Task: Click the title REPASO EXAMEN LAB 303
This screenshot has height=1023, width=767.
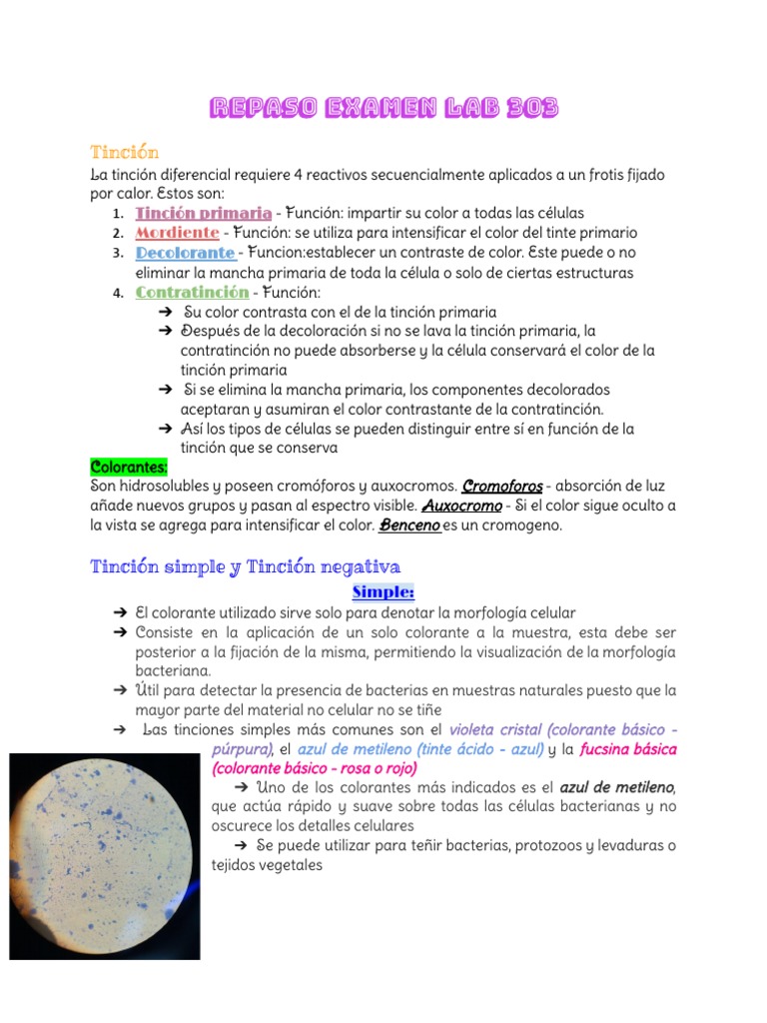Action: [x=383, y=108]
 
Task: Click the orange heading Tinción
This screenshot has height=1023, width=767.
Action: [x=124, y=152]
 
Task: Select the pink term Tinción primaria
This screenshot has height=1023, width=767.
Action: [x=203, y=213]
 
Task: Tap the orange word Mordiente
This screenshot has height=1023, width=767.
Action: [x=177, y=233]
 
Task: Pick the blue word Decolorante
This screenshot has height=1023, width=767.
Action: [x=185, y=253]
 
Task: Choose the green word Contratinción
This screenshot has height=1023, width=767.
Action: [x=192, y=293]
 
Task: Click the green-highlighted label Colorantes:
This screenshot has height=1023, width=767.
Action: [x=129, y=467]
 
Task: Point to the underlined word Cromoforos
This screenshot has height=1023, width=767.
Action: [x=502, y=487]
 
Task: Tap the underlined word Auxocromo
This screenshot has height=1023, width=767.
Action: [x=461, y=507]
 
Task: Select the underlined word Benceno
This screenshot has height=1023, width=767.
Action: [x=409, y=525]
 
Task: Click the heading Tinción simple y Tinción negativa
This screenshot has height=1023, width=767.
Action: [x=245, y=566]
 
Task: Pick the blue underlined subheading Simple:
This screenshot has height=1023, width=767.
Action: [x=383, y=592]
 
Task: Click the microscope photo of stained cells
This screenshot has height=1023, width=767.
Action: [x=104, y=855]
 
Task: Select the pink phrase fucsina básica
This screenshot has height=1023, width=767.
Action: [x=628, y=749]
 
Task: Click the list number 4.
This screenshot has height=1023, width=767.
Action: [x=118, y=294]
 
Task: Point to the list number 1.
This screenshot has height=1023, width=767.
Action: [x=118, y=214]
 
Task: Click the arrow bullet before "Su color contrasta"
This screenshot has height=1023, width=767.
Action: [x=166, y=313]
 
